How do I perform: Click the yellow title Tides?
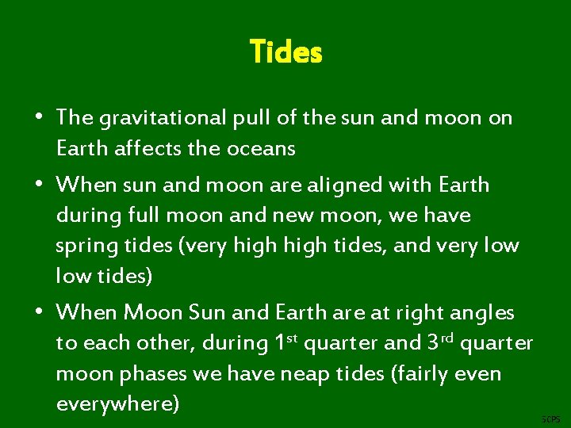(x=285, y=52)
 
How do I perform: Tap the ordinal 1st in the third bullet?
(x=285, y=342)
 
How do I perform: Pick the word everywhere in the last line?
(x=117, y=403)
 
